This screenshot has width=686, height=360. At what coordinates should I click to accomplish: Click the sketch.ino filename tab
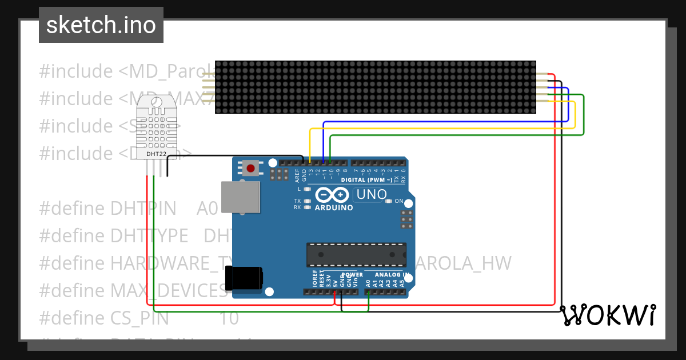[101, 25]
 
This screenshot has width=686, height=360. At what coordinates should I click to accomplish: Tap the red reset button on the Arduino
[250, 168]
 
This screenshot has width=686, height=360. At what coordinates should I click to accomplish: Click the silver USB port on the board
[240, 198]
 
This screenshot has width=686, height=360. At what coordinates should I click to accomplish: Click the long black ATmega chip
[356, 255]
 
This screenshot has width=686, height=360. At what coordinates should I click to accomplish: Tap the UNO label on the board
[372, 195]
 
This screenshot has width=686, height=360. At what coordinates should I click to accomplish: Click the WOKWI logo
[608, 315]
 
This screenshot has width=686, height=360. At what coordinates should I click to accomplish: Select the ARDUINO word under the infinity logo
[334, 207]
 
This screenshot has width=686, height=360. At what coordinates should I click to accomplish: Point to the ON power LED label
[399, 201]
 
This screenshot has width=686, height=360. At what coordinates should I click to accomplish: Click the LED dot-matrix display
[375, 87]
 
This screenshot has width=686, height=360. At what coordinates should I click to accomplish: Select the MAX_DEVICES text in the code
[169, 291]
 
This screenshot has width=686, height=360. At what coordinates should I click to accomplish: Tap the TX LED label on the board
[297, 201]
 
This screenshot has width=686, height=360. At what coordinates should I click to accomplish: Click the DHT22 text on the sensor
[155, 154]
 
